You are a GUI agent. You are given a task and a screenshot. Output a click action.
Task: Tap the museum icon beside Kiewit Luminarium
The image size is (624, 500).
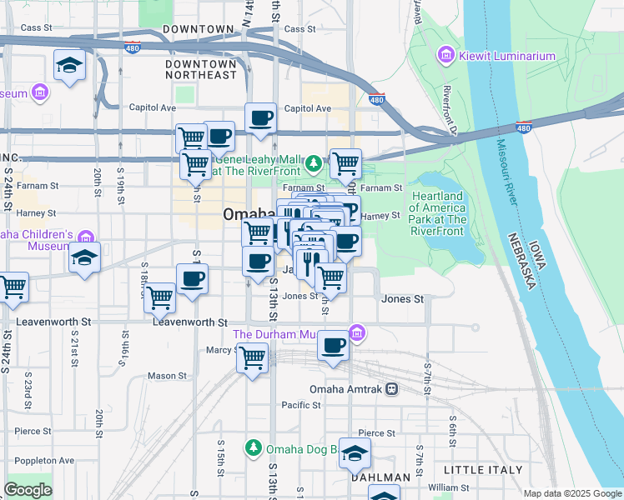[x=446, y=56]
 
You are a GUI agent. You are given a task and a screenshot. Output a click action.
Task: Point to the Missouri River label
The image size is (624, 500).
[x=510, y=170]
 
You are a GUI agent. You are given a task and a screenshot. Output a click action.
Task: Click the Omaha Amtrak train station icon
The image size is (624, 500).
[x=391, y=389]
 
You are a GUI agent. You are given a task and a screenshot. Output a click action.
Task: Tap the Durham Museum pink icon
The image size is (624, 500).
[x=357, y=334]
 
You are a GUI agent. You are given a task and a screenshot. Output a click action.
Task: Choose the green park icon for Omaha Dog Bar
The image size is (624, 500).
[x=254, y=448]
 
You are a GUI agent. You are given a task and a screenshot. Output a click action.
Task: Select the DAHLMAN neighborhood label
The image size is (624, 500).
[x=380, y=477]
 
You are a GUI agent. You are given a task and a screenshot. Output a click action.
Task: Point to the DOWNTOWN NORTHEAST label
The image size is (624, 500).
[x=201, y=69]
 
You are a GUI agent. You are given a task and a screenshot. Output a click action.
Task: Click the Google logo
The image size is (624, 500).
[x=28, y=490]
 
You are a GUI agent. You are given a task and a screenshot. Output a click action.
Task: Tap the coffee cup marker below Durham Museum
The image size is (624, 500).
[x=334, y=345]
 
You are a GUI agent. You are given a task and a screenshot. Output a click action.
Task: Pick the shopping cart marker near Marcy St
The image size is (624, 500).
[x=253, y=358]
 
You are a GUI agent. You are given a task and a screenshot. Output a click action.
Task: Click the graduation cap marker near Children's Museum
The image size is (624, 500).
[x=84, y=257]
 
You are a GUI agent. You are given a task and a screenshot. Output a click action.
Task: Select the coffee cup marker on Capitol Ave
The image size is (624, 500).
[x=260, y=117]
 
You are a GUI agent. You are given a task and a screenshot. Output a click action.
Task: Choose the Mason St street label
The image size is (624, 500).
[x=161, y=376]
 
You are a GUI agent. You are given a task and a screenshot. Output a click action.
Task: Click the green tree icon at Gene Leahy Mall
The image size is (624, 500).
[x=314, y=162]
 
